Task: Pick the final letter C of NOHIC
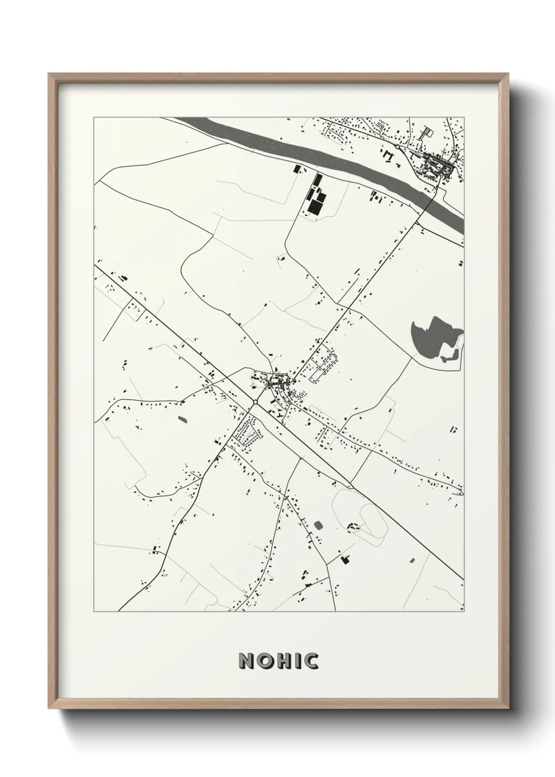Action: [311, 661]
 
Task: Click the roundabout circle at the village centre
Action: [255, 402]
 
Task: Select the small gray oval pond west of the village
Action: [182, 419]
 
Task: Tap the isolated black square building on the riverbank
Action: [295, 169]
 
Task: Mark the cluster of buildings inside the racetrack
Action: [355, 526]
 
